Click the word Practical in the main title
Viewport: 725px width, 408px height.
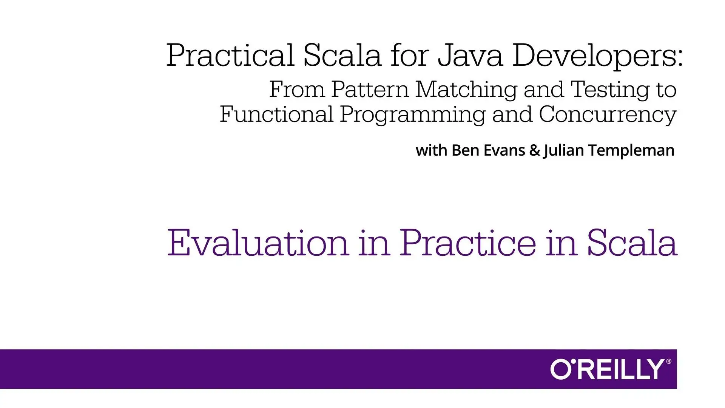pyautogui.click(x=230, y=55)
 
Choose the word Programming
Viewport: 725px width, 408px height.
pyautogui.click(x=413, y=116)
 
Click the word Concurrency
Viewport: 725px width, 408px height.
pyautogui.click(x=608, y=116)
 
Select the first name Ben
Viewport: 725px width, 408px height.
pyautogui.click(x=463, y=150)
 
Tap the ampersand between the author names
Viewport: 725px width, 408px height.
pyautogui.click(x=535, y=150)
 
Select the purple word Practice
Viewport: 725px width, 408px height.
pyautogui.click(x=468, y=243)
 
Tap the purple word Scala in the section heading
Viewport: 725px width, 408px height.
pyautogui.click(x=632, y=243)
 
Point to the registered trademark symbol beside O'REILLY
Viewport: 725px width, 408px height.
pyautogui.click(x=669, y=362)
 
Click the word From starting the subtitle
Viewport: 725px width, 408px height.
pyautogui.click(x=297, y=90)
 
